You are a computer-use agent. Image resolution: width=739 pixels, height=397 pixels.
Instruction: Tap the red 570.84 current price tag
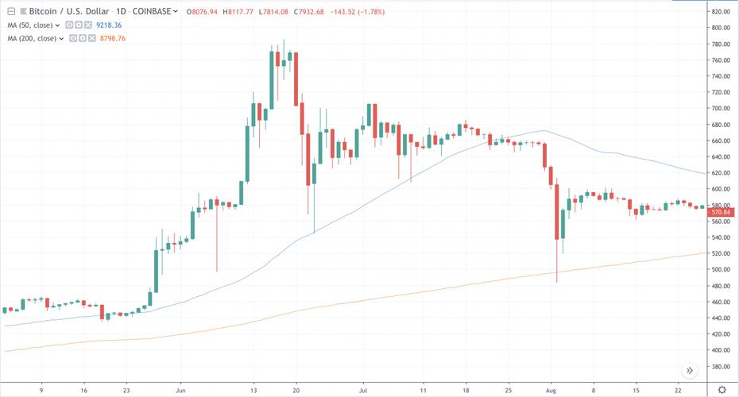[x=721, y=212]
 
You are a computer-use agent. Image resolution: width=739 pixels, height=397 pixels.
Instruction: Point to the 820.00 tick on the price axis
[x=721, y=12]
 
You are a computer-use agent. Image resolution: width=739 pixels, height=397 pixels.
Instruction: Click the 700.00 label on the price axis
[x=721, y=109]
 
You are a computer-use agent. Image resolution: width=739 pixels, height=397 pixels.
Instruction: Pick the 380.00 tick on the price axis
[x=721, y=366]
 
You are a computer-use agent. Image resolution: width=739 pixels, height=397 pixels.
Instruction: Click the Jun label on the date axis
[x=181, y=390]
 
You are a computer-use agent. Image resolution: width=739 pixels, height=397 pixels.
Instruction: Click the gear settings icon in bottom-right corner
[x=722, y=389]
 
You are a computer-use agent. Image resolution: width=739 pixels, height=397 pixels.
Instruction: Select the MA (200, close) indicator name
[x=33, y=37]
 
